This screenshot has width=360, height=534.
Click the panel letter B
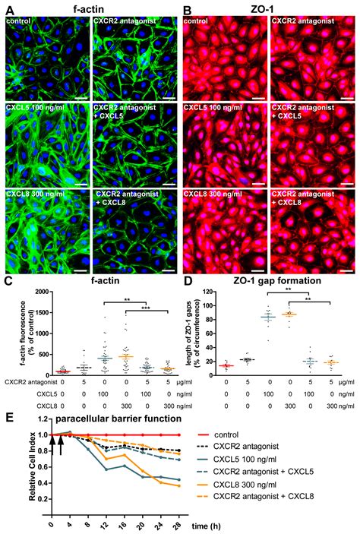pos(187,10)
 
